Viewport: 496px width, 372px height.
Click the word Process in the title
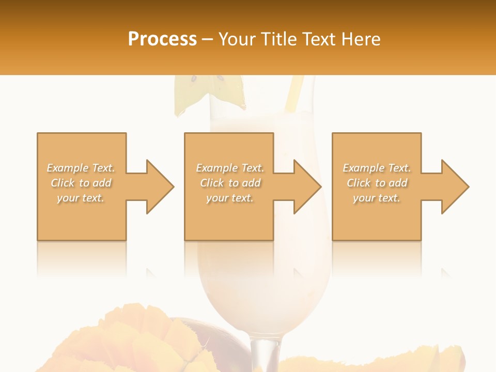(x=162, y=39)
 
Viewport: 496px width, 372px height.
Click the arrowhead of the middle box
(x=307, y=187)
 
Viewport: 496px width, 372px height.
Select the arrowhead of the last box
(x=455, y=187)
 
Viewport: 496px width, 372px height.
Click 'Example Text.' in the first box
(x=81, y=168)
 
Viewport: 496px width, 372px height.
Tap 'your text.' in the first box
(x=81, y=198)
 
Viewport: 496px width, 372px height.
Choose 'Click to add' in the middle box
(x=230, y=183)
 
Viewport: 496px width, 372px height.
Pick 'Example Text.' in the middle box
(x=230, y=168)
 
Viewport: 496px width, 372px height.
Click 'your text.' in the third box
(x=377, y=198)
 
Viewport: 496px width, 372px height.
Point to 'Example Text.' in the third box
(x=377, y=168)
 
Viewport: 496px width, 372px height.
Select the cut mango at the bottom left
(x=129, y=341)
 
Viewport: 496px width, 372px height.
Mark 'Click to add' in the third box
(x=377, y=183)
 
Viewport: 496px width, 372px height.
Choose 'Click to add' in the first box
(x=81, y=183)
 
